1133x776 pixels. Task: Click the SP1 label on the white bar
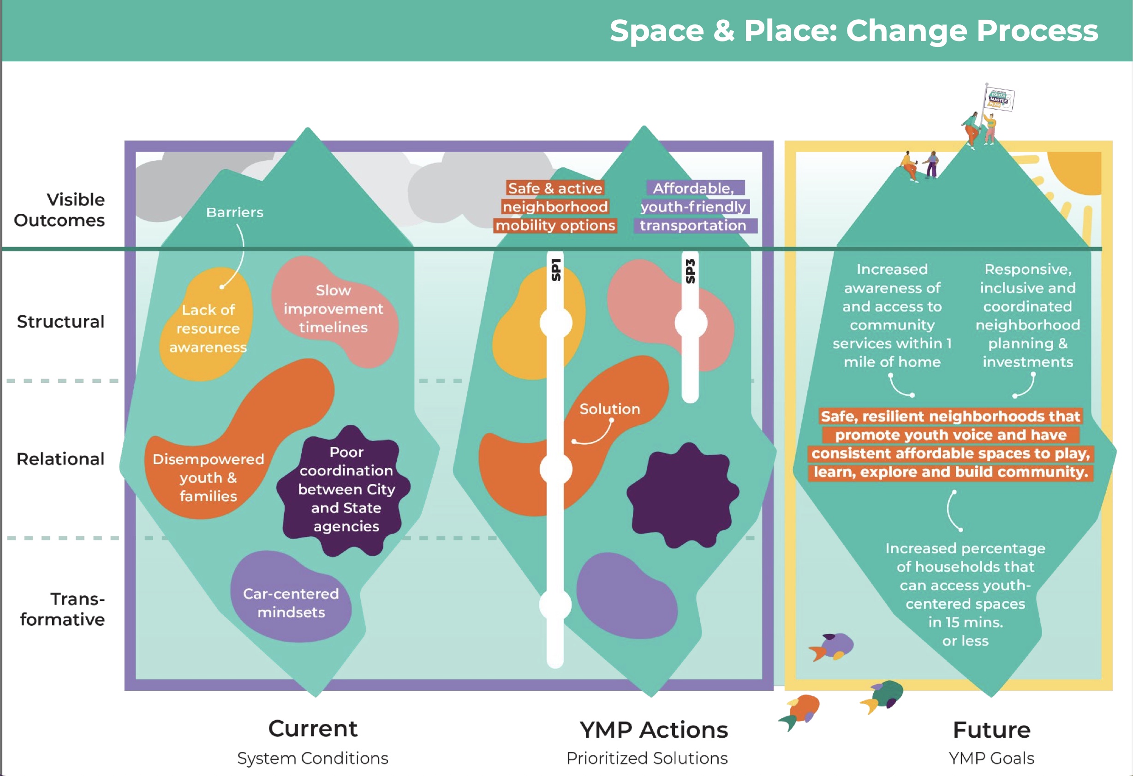[556, 270]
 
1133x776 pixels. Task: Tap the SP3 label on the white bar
[690, 271]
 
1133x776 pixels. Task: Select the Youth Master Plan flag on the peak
[999, 99]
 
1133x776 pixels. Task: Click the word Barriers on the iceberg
[234, 212]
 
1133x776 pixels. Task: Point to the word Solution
[609, 409]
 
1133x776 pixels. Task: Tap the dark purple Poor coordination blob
[346, 489]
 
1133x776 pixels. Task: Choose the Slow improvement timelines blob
[334, 309]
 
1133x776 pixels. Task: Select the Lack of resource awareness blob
[208, 329]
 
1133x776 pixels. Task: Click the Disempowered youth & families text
[208, 477]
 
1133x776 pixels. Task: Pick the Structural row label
[60, 322]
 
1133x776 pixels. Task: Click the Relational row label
[60, 459]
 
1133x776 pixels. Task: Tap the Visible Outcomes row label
[60, 210]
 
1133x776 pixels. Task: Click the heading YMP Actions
[653, 730]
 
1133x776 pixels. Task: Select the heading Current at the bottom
[312, 729]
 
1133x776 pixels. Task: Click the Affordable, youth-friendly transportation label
[693, 207]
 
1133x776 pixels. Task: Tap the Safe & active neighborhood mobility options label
[555, 207]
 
